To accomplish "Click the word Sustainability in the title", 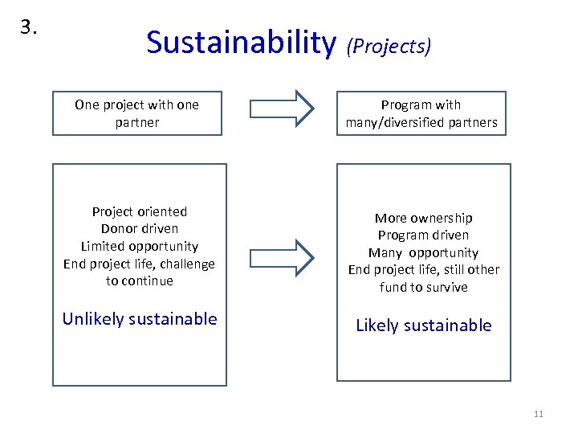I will coord(241,43).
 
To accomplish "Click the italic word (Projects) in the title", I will coord(389,47).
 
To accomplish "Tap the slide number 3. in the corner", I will coord(30,27).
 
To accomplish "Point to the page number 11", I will coord(538,414).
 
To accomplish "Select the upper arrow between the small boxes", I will coord(283,108).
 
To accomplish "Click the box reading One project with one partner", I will coord(137,113).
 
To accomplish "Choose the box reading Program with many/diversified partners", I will coord(421,113).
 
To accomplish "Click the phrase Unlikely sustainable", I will coord(140,319).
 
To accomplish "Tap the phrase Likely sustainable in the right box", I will coord(424,325).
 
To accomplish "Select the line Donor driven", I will coord(140,229).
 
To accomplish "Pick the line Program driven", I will coord(424,235).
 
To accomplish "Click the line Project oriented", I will coord(140,211).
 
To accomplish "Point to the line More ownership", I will coord(424,218).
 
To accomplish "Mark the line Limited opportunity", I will coord(140,246).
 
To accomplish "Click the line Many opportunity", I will coord(424,252).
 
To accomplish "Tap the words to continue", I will coord(140,280).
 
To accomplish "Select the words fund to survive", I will coord(424,287).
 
